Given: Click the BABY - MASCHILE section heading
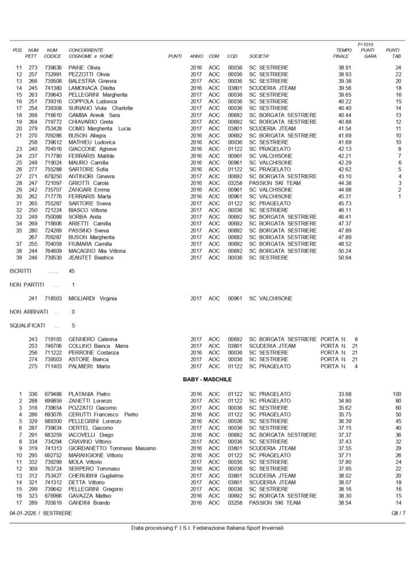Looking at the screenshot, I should [207, 379].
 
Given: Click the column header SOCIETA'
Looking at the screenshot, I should [260, 56].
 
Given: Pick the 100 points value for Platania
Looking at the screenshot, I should [396, 393].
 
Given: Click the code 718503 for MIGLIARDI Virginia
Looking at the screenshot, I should [52, 299].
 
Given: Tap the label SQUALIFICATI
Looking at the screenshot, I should [28, 325].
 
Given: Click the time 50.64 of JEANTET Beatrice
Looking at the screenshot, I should [344, 257].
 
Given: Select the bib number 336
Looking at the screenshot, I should [33, 393].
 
